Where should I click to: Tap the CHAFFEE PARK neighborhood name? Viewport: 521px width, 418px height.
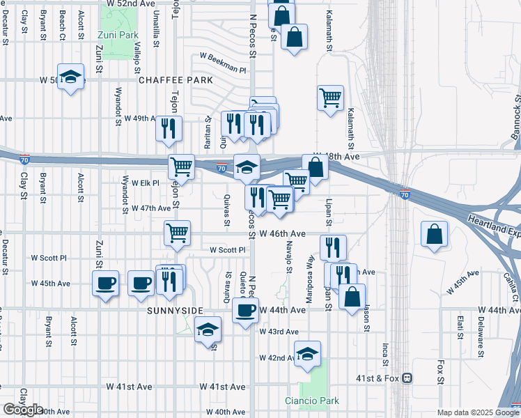pos(176,81)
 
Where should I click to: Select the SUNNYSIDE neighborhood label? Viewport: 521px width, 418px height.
pos(175,311)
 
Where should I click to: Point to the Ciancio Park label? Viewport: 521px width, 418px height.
pos(311,401)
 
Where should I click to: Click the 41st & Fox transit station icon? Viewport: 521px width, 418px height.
pos(408,378)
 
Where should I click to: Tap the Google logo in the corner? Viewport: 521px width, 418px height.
pos(22,410)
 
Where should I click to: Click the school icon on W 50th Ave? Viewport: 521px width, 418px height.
pos(70,77)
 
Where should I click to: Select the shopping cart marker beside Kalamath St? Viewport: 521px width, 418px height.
pos(330,98)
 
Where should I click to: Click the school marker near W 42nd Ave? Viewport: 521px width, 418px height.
pos(307,354)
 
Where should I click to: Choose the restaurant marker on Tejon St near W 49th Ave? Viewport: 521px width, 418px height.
pos(169,129)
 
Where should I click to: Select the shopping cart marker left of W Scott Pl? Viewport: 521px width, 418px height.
pos(178,233)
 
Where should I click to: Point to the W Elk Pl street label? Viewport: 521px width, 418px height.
pos(146,183)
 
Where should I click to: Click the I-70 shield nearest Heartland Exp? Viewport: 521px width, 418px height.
pos(405,194)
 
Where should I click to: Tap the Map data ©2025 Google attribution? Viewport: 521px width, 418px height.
pos(477,412)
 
